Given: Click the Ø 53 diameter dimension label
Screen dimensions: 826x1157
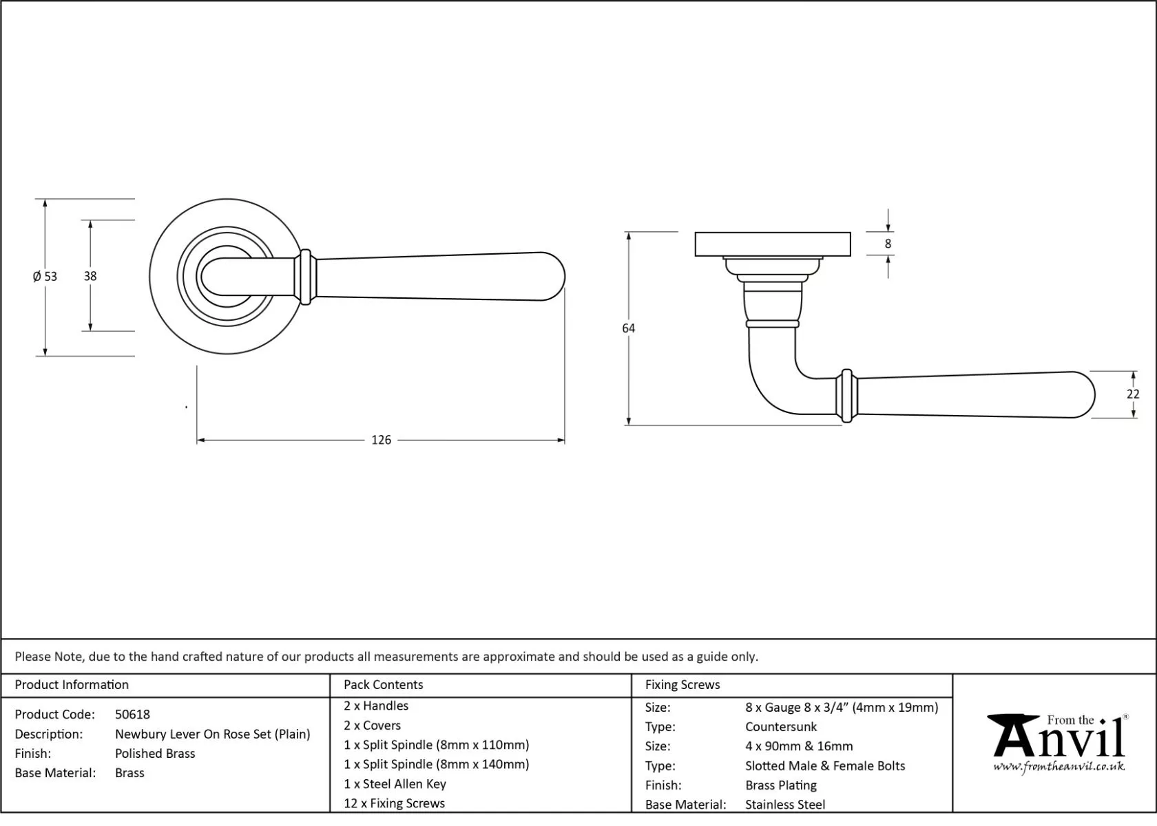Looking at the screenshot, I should click(45, 277).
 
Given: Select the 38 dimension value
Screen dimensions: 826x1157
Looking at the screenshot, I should click(90, 276).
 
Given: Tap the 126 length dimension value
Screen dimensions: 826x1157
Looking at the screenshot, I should click(381, 440).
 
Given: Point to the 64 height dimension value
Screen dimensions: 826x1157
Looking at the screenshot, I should click(628, 328).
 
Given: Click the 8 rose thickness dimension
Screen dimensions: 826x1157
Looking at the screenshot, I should click(888, 244).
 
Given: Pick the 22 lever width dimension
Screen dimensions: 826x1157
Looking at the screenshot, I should click(1133, 394).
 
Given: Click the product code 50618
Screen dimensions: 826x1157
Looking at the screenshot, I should click(132, 714).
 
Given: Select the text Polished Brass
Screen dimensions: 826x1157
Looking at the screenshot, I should click(155, 754).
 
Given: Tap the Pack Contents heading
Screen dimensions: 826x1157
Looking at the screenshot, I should click(383, 685).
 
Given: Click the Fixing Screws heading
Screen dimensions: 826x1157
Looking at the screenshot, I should click(682, 685).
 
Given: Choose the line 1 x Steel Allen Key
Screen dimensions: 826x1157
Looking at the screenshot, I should click(395, 784).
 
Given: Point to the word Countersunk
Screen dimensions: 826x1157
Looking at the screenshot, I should click(780, 727).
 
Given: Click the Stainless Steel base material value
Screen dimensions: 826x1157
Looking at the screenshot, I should click(784, 805).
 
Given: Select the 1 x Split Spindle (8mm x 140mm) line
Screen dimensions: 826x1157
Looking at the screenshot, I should click(436, 765).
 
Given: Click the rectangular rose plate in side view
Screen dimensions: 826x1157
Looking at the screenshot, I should click(772, 244).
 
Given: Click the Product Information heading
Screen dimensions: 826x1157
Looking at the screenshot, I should click(72, 685).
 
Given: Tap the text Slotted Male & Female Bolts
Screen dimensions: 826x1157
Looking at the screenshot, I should click(824, 766).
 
